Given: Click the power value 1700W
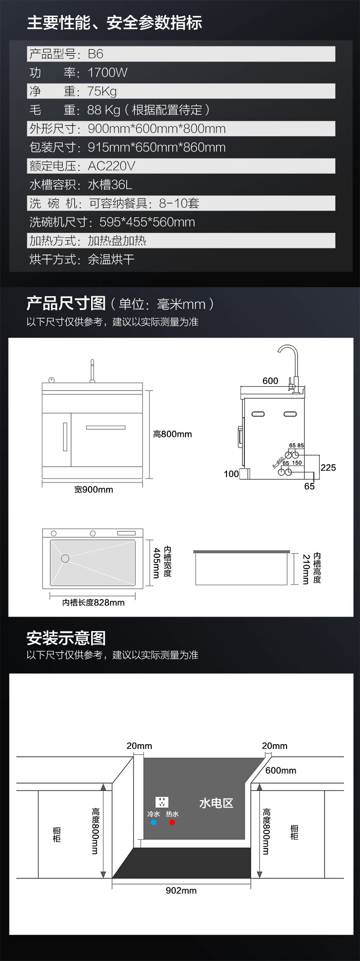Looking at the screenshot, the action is coord(108,72).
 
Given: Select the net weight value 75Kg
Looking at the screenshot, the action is coord(102,91).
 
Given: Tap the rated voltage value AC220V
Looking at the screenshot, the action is coord(112,166).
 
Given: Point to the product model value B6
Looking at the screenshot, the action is coord(96,54).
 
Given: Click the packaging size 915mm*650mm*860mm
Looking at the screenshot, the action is coord(157,147).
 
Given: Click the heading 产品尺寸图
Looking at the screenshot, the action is coord(66,303).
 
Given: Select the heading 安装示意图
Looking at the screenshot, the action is coord(66,638).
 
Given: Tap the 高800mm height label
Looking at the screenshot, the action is coord(172,434).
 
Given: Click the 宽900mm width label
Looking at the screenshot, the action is coord(93,490).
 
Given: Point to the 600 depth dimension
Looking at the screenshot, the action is coord(270,381).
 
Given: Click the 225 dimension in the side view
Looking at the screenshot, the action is coord(328,468).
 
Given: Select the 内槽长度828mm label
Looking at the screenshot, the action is coord(93,602).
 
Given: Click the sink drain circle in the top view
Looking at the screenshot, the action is coord(65,558).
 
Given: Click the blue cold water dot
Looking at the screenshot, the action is coord(154,822).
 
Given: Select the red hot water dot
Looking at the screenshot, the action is coord(172,822).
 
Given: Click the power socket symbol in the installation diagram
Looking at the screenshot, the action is coord(162,802).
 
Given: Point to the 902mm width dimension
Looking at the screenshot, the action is coord(181,890).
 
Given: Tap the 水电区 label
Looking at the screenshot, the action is coord(216,803).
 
